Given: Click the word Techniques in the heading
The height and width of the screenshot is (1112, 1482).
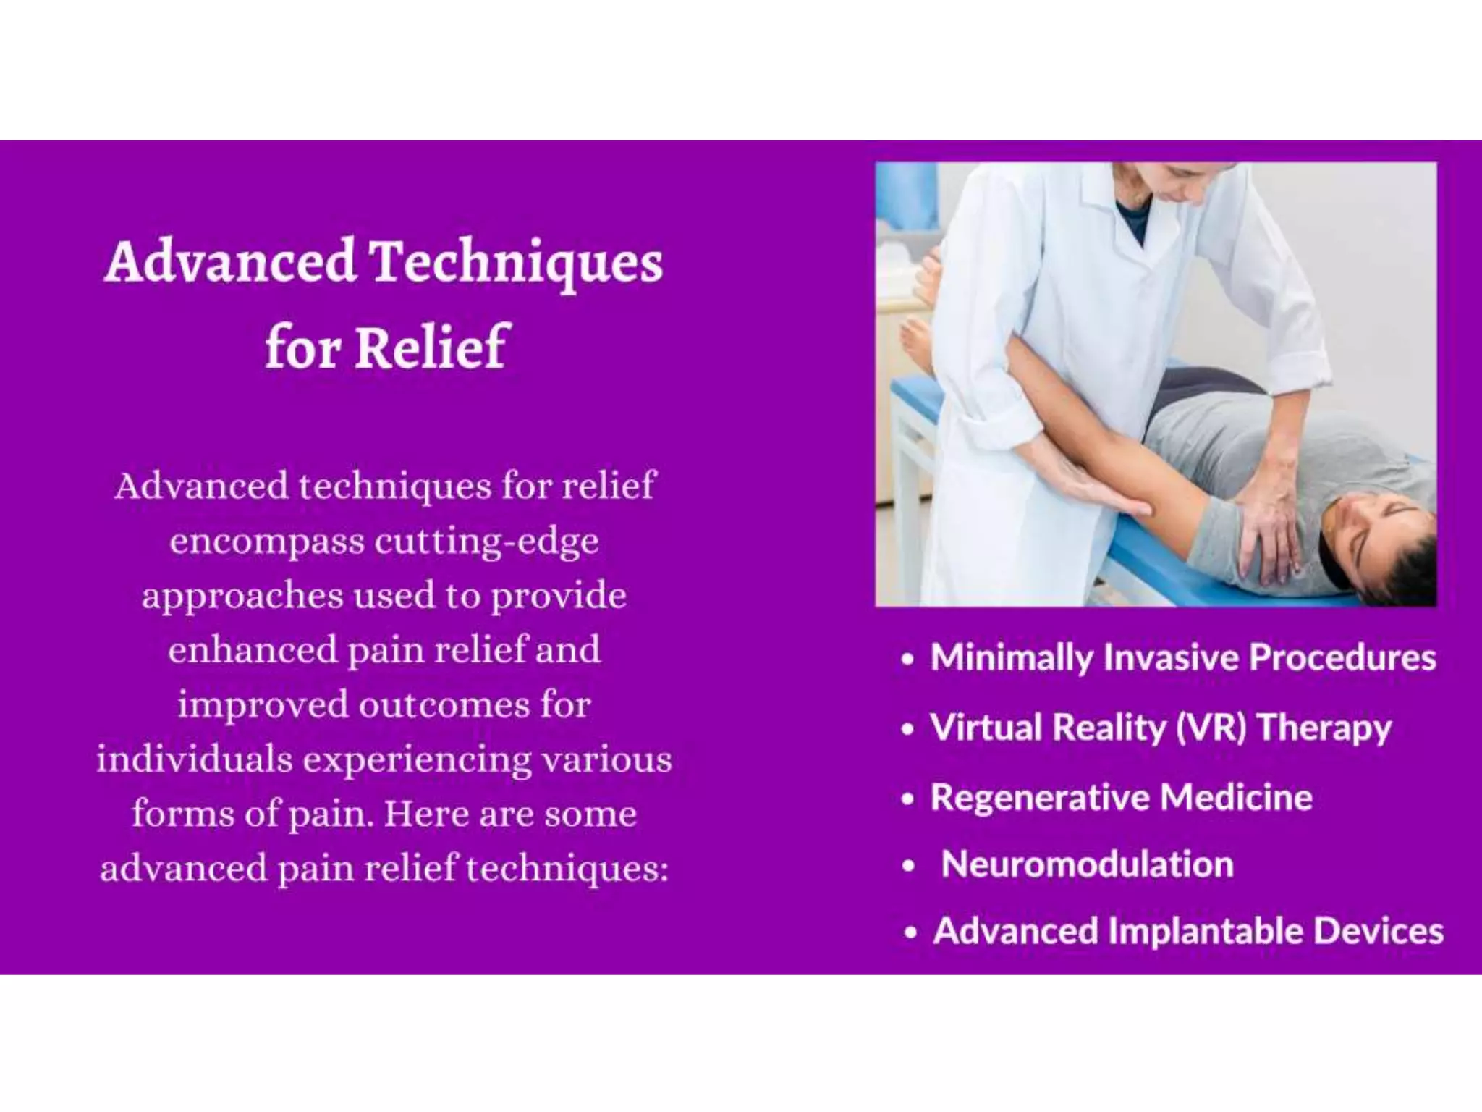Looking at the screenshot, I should (x=517, y=262).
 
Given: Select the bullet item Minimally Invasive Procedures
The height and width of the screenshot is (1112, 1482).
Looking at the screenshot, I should (x=1182, y=657).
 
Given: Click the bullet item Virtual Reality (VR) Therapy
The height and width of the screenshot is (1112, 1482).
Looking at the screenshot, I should (x=1160, y=727).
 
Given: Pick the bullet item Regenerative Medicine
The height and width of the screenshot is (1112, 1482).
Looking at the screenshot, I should (x=1121, y=797).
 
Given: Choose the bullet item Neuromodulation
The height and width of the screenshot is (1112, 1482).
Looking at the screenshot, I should (x=1087, y=864).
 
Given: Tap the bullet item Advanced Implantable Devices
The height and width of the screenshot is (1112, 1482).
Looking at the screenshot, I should (x=1187, y=931).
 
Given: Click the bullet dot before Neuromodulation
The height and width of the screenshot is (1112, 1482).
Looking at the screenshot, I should (x=910, y=866).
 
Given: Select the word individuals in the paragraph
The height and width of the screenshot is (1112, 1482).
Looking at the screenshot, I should (x=193, y=759).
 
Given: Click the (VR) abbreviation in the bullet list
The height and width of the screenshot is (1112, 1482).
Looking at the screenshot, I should (x=1211, y=727).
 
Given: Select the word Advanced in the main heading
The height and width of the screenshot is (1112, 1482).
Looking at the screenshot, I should (x=230, y=262).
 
